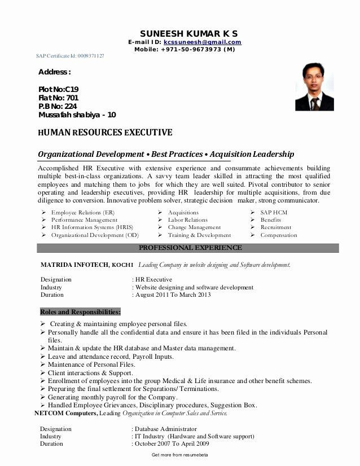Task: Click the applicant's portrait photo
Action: tap(314, 86)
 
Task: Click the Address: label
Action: tap(54, 72)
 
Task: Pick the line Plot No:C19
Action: tap(58, 89)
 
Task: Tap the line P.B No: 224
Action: tap(58, 106)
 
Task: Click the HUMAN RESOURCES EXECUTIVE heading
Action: tap(105, 133)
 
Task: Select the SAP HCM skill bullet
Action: tap(274, 212)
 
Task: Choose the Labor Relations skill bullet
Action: tap(187, 220)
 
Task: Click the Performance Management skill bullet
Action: tap(84, 220)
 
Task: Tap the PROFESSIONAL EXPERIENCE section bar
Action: tap(190, 248)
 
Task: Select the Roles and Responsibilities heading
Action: tap(80, 311)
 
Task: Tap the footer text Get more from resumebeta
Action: tap(180, 455)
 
